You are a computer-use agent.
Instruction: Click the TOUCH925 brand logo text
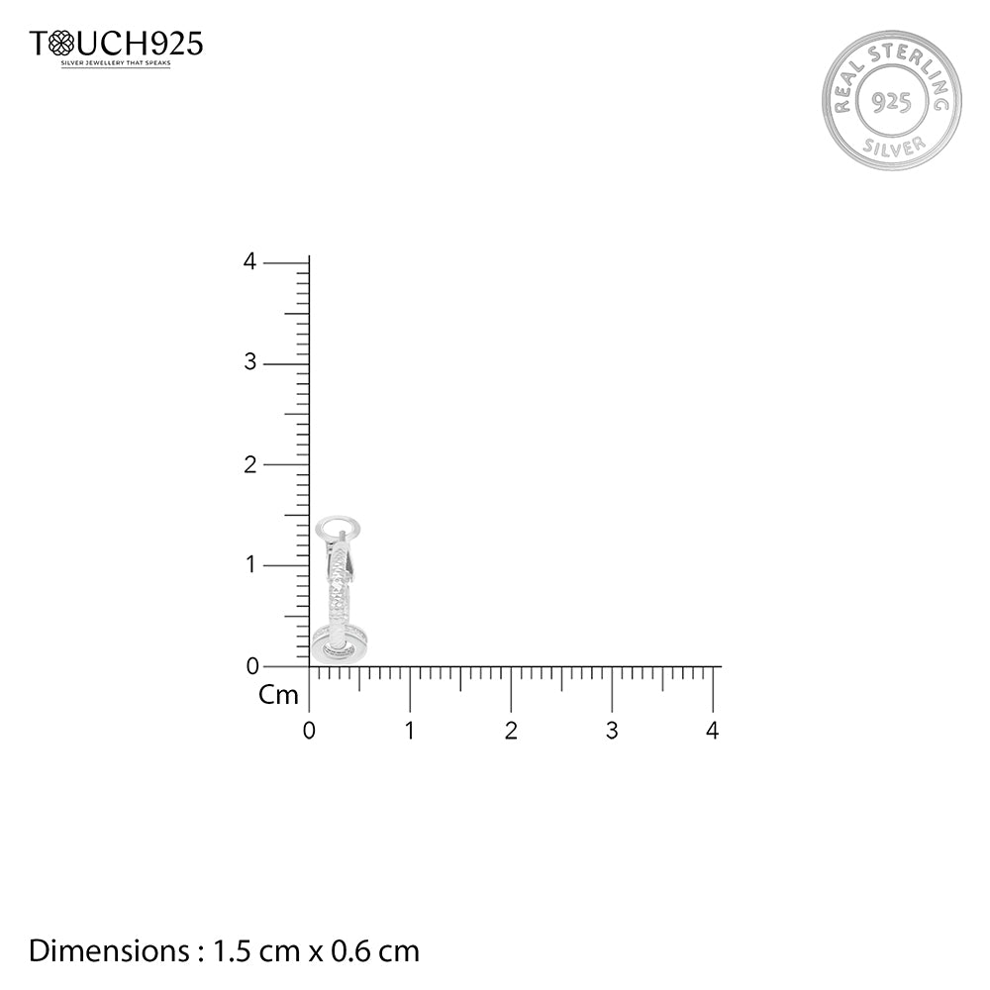tap(116, 45)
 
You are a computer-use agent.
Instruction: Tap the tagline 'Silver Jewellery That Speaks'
tap(116, 63)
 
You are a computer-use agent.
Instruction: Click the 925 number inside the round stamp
tap(892, 101)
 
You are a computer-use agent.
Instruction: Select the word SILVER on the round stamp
tap(894, 146)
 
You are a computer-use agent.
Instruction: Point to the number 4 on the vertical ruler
tap(250, 261)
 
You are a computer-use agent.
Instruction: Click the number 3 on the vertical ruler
tap(250, 361)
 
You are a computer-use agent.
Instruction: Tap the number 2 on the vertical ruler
tap(250, 464)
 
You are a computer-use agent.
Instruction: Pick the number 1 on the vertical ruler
tap(250, 564)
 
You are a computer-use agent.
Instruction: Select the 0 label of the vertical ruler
tap(252, 666)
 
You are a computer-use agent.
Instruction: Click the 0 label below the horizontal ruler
tap(309, 731)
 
